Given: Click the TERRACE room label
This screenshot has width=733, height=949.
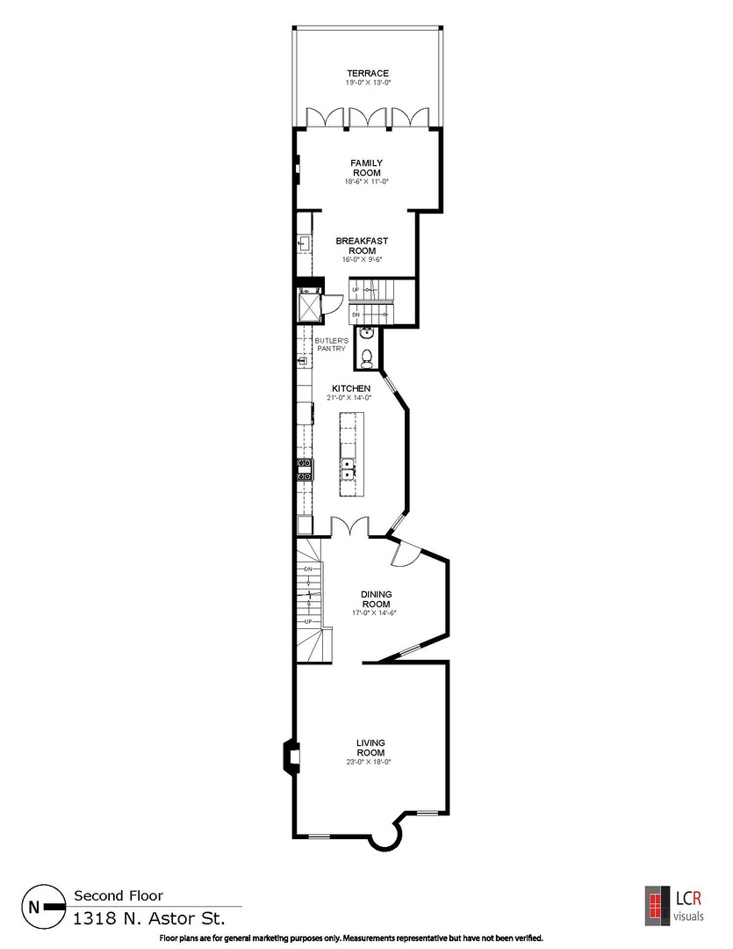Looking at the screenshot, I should pos(367,73).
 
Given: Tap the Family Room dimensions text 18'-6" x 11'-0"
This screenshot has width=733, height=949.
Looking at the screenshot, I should pos(367,182).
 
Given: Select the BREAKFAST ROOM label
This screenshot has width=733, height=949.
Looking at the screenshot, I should pos(362,245).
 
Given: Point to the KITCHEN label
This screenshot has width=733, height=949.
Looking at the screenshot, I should pos(350,388).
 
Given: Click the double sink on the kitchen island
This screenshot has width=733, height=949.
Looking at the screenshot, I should pos(348,469).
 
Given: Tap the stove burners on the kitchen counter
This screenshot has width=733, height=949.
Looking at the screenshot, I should pos(305,469).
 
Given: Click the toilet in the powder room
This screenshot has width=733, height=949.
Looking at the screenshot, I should pos(368,357).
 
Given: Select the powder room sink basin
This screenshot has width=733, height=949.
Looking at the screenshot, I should pos(368,332).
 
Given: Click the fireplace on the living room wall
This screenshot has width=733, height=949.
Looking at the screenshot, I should pos(290,757).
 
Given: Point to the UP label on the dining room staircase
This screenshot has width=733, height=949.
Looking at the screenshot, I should pos(308,621).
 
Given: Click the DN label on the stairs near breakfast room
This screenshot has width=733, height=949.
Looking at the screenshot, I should pos(355,314).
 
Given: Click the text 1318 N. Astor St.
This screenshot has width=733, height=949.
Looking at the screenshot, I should pos(148,918).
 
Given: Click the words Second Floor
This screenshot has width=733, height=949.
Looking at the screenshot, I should pos(118,895).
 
